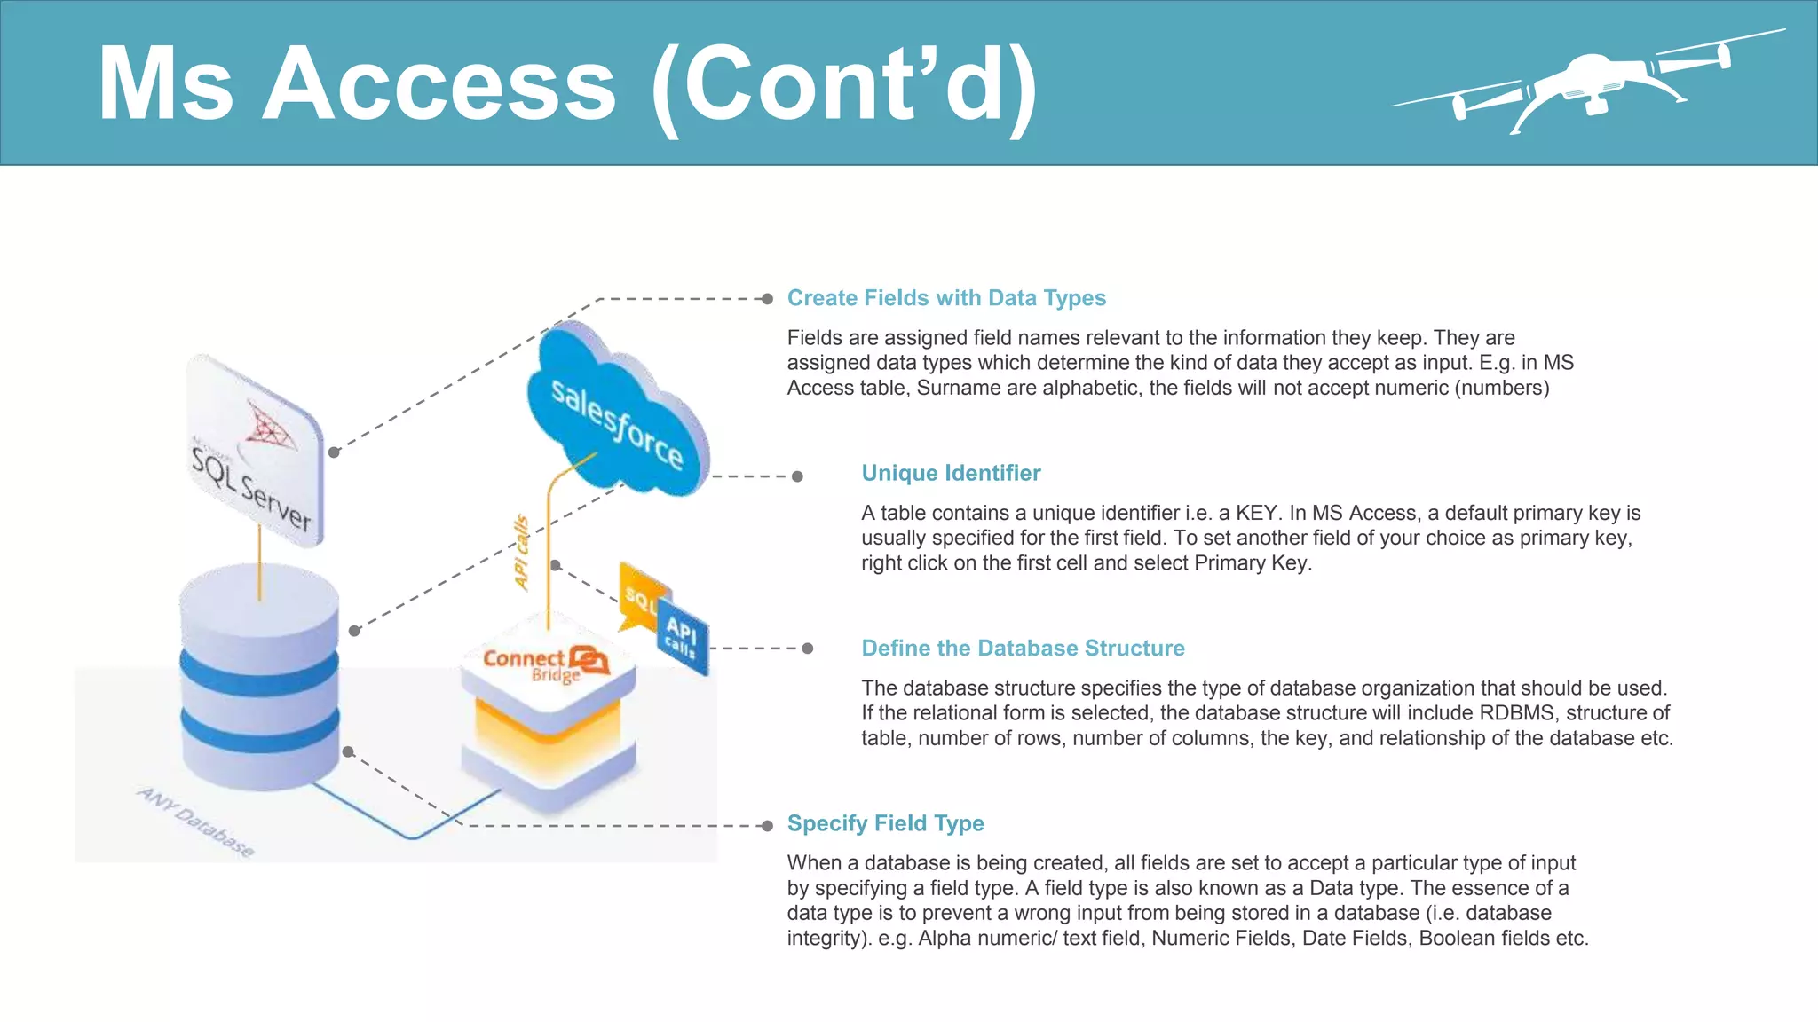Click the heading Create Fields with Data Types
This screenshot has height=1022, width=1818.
tap(945, 298)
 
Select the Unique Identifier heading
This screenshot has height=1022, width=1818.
tap(950, 473)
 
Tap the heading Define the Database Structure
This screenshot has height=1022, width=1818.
tap(1022, 649)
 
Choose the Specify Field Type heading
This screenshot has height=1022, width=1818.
tap(885, 823)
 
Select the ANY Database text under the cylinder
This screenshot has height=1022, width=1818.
tap(196, 822)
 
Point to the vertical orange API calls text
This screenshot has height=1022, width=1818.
tap(521, 552)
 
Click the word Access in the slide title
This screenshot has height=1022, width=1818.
tap(439, 84)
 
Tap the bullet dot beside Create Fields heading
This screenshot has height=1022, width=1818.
tap(767, 299)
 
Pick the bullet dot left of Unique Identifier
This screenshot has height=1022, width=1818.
tap(797, 476)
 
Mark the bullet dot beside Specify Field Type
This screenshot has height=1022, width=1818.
tap(767, 826)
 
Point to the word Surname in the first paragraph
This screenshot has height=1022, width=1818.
tap(951, 389)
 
